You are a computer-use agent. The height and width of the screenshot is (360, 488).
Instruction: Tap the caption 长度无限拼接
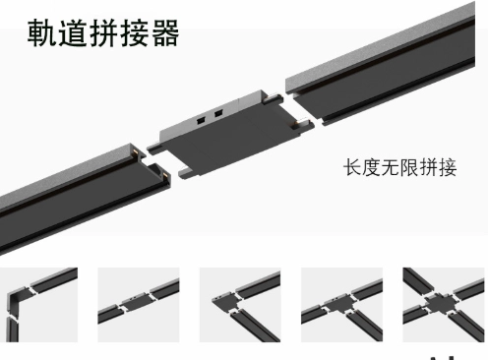coord(399,167)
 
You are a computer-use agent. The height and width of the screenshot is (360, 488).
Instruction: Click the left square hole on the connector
coord(200,117)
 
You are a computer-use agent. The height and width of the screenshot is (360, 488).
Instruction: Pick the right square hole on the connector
coord(214,113)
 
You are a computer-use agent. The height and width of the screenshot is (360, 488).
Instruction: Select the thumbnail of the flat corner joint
coord(240,300)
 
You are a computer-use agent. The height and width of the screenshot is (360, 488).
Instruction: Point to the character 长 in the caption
coord(351,167)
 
